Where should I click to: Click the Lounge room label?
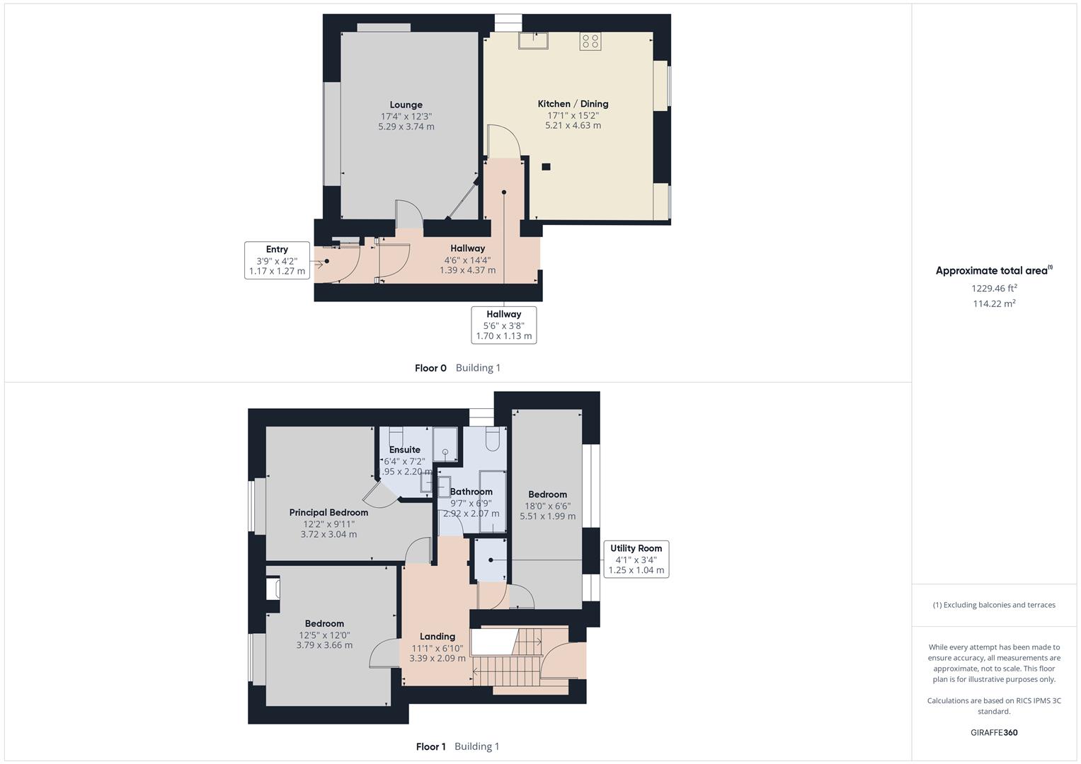pyautogui.click(x=406, y=105)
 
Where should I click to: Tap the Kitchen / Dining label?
pyautogui.click(x=573, y=104)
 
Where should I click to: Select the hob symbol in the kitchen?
pyautogui.click(x=590, y=42)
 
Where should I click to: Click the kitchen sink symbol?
pyautogui.click(x=531, y=40)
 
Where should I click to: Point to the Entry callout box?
pyautogui.click(x=277, y=260)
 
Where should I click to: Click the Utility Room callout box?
pyautogui.click(x=636, y=559)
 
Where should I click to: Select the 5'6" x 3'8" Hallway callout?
pyautogui.click(x=503, y=325)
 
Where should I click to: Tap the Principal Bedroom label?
pyautogui.click(x=328, y=512)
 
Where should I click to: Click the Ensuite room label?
pyautogui.click(x=404, y=450)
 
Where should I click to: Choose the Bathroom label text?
pyautogui.click(x=471, y=492)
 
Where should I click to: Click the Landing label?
pyautogui.click(x=437, y=636)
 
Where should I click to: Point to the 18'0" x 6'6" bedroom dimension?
pyautogui.click(x=547, y=506)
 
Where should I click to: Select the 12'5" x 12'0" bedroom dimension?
pyautogui.click(x=324, y=635)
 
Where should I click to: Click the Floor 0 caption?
pyautogui.click(x=430, y=368)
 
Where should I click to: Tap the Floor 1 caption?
pyautogui.click(x=430, y=746)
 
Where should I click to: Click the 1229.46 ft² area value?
pyautogui.click(x=994, y=288)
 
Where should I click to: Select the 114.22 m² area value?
pyautogui.click(x=994, y=303)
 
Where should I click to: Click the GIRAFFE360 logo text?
pyautogui.click(x=994, y=732)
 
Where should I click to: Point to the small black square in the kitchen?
pyautogui.click(x=546, y=167)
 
